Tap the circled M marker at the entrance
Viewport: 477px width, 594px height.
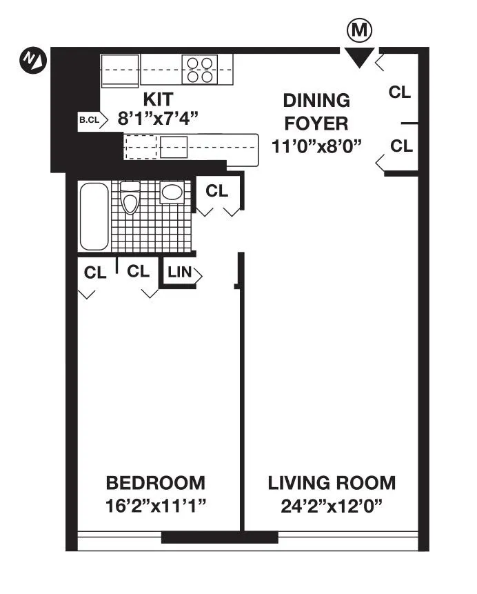358,30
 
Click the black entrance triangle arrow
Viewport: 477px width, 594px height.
358,57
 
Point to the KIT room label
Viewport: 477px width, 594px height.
158,98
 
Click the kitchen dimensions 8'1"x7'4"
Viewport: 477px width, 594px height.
158,118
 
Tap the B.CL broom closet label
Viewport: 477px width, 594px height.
89,120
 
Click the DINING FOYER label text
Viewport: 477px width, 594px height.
316,112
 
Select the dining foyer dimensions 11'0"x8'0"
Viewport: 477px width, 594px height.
316,146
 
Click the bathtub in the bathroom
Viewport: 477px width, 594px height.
94,217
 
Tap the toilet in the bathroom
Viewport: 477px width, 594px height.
130,198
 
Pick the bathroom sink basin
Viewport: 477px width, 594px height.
172,192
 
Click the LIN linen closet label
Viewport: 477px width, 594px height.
179,273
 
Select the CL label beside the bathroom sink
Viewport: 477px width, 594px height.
217,191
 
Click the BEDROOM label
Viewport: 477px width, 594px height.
155,482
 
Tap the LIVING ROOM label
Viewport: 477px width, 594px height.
332,482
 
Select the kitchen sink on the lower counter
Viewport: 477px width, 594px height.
174,147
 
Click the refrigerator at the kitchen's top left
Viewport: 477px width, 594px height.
121,70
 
